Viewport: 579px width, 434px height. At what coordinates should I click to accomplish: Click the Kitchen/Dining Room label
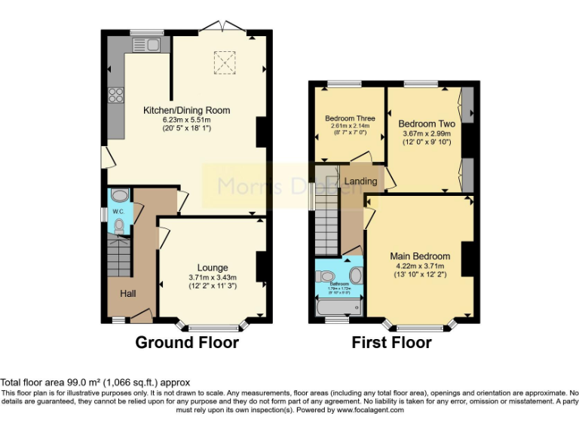pyautogui.click(x=187, y=110)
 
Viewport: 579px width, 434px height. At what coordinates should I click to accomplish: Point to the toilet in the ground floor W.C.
pyautogui.click(x=118, y=225)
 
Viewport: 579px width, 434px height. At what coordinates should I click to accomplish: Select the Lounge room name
pyautogui.click(x=213, y=267)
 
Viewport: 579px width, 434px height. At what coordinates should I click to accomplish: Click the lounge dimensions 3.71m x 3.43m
pyautogui.click(x=213, y=277)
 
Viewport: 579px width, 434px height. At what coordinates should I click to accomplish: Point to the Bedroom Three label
pyautogui.click(x=350, y=118)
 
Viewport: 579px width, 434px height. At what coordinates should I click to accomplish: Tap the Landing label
pyautogui.click(x=360, y=182)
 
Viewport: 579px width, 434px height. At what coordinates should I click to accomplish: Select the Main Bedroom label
pyautogui.click(x=420, y=256)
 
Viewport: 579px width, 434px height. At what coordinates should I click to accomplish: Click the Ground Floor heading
pyautogui.click(x=187, y=343)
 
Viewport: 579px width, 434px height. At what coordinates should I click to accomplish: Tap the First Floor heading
pyautogui.click(x=391, y=343)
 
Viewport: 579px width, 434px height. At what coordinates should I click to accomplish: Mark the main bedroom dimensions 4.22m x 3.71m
pyautogui.click(x=420, y=265)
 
